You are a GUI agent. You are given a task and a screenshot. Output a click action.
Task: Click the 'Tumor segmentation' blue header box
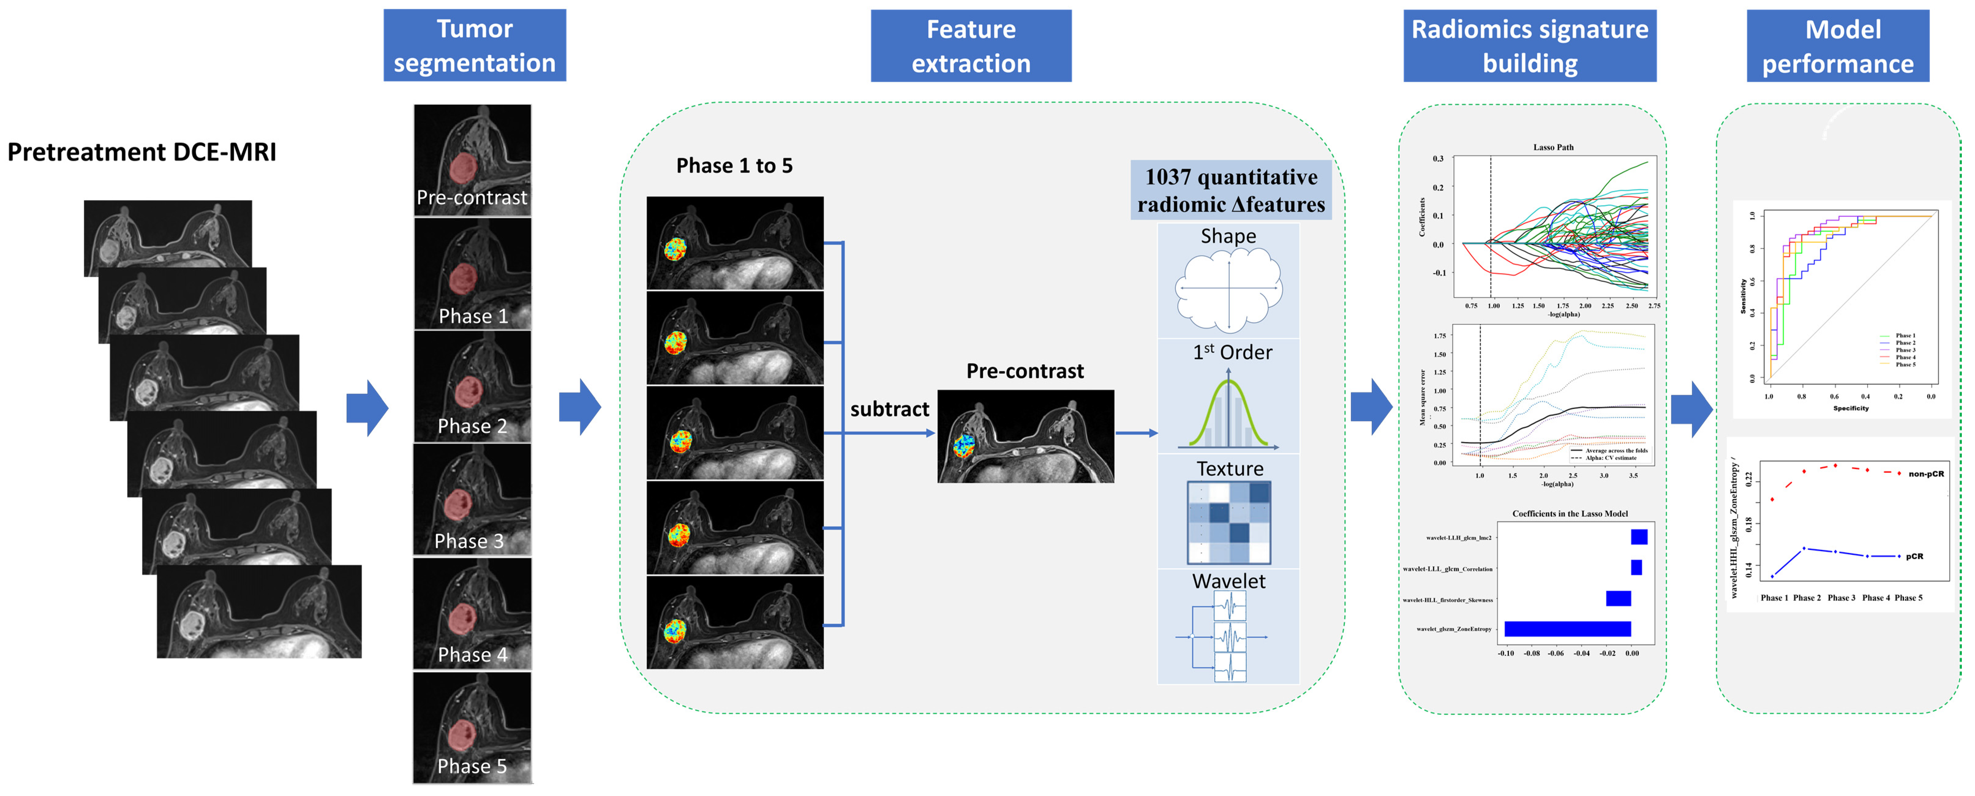coord(475,45)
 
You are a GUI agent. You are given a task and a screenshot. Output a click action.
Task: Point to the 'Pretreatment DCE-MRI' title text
coord(142,152)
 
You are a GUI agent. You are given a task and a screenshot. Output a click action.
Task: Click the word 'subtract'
coord(890,410)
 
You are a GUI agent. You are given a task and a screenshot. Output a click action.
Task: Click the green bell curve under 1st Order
coord(1228,414)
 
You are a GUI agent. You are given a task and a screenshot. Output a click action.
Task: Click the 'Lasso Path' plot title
coord(1553,147)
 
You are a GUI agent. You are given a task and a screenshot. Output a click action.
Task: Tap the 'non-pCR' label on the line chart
coord(1926,474)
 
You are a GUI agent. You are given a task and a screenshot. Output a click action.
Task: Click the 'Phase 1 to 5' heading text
coord(734,166)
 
